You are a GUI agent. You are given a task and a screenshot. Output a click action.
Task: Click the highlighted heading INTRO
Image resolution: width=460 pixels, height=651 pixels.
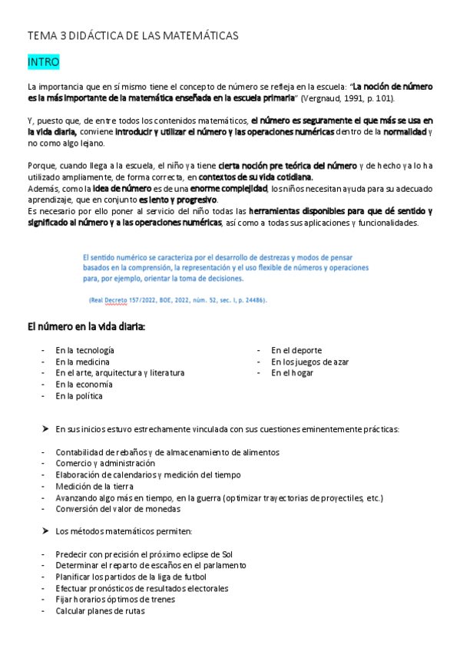tap(43, 61)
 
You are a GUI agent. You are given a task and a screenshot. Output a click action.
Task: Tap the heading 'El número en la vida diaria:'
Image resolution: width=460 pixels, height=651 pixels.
tap(86, 327)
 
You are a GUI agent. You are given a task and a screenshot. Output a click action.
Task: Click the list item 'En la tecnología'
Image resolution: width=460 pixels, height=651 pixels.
tap(84, 350)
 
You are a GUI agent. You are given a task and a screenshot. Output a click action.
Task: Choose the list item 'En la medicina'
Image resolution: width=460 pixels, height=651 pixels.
tap(82, 362)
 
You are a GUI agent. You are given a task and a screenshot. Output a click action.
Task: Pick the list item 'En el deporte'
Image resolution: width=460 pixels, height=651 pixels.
tap(296, 350)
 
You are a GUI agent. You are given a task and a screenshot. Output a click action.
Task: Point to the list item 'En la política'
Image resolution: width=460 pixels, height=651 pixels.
tap(78, 396)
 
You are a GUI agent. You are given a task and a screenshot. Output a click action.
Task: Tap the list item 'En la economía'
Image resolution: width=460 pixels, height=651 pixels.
tap(84, 385)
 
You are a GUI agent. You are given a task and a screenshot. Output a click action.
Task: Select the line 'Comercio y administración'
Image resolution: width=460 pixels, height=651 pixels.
tap(105, 464)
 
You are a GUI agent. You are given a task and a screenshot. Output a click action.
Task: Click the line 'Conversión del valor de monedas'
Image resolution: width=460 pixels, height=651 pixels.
tap(116, 510)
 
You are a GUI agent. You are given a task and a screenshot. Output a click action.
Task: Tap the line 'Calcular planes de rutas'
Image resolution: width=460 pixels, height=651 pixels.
tap(100, 611)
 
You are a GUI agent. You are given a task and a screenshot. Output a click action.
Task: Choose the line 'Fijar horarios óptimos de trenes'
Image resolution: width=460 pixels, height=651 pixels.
tap(115, 600)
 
